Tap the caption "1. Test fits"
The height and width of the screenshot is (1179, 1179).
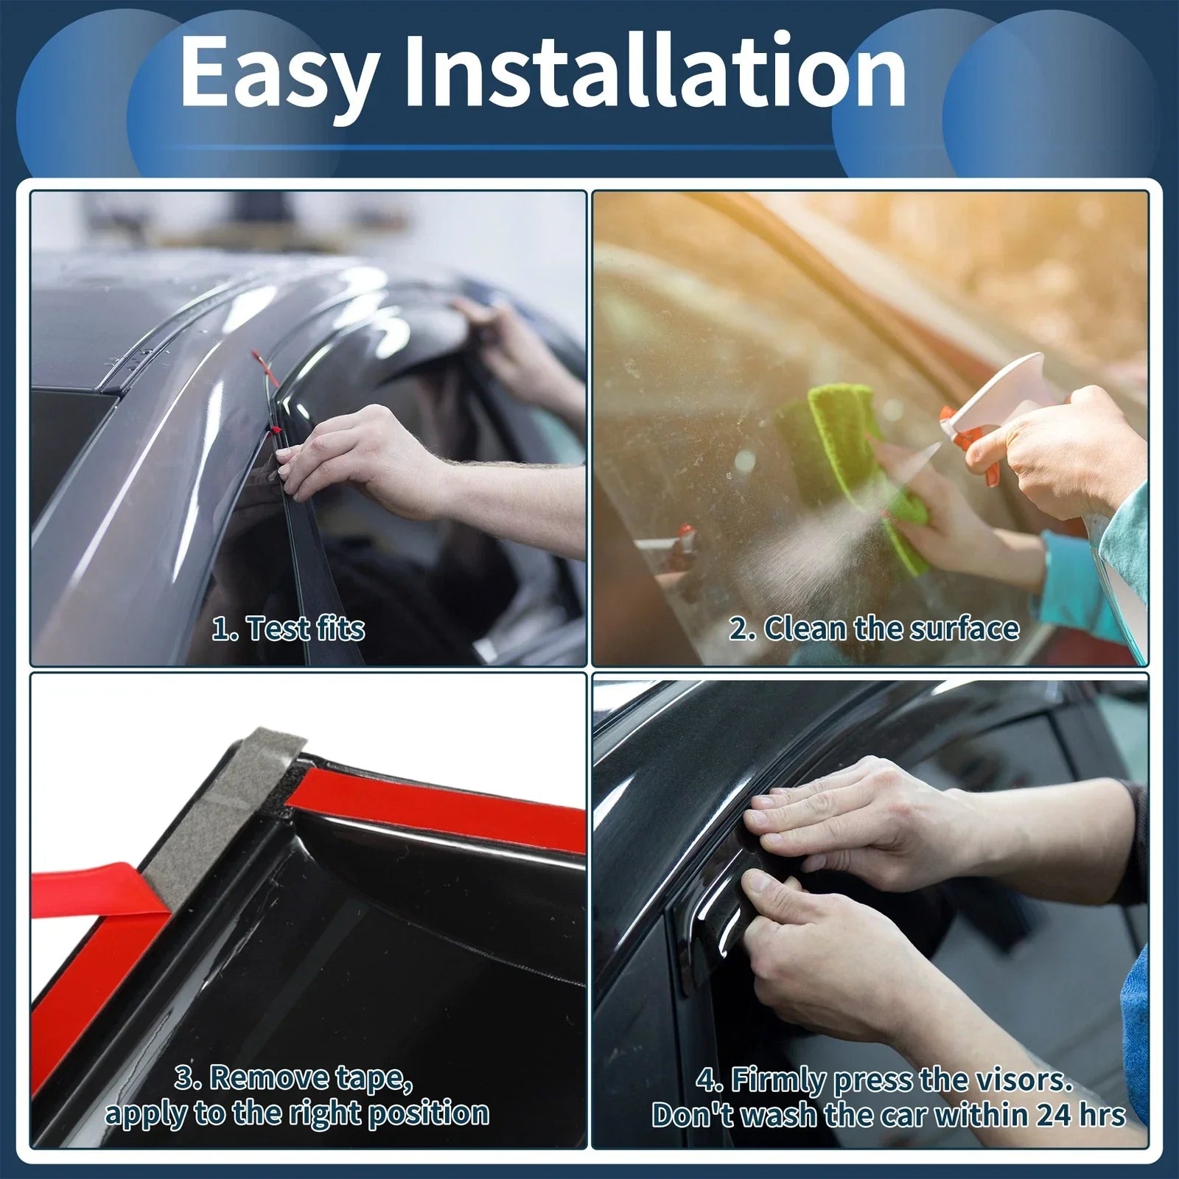click(288, 629)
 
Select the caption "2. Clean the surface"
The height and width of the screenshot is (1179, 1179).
click(875, 629)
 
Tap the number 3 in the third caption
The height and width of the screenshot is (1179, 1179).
click(184, 1079)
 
